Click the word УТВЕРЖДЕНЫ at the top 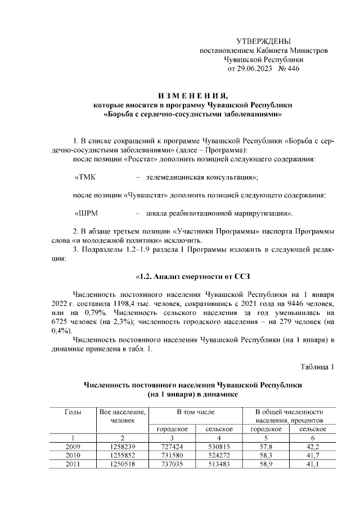264,41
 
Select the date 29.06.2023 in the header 252,69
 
